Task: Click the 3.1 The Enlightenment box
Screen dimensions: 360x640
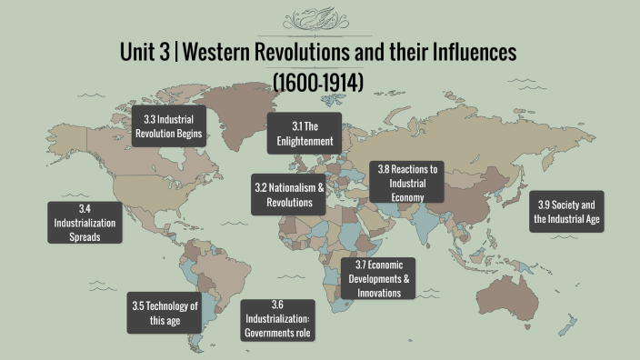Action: [304, 134]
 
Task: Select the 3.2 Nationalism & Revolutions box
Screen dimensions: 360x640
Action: [288, 195]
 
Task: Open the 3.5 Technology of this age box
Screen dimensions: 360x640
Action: [164, 314]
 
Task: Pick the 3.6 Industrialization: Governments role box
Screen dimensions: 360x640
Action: [277, 319]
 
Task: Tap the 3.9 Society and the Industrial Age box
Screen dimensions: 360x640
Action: [566, 210]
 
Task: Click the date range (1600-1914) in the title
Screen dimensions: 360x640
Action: [318, 83]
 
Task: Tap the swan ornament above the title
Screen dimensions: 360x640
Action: [319, 19]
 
